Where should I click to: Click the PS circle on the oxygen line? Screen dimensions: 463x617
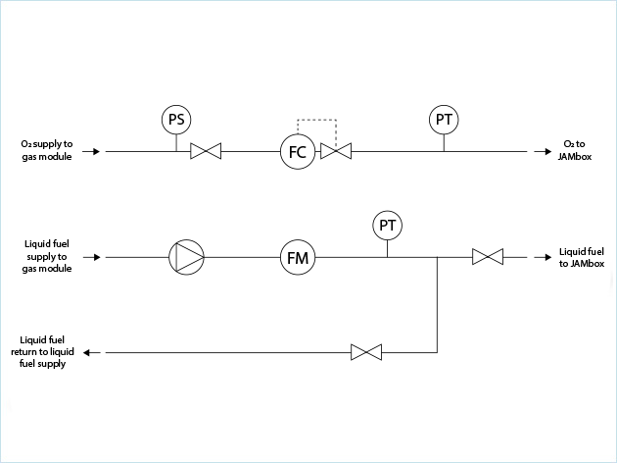(x=176, y=120)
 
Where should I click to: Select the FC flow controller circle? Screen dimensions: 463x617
(x=297, y=152)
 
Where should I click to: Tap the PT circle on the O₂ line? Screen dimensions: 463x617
(x=444, y=120)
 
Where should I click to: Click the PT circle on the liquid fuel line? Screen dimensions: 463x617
(x=388, y=227)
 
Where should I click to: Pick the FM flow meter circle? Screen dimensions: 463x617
(x=297, y=258)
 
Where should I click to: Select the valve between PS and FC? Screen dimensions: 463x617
(x=206, y=152)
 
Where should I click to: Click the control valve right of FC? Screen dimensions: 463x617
(x=337, y=152)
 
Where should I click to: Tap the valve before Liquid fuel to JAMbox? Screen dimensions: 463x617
(x=487, y=258)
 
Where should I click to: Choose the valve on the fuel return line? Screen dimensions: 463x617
(x=366, y=351)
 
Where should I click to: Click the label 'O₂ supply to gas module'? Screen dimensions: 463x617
(x=45, y=151)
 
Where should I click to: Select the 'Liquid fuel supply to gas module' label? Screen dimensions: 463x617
(x=45, y=256)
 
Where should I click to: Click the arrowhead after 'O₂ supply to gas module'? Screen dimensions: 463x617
(x=95, y=152)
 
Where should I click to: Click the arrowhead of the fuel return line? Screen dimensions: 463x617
(x=87, y=351)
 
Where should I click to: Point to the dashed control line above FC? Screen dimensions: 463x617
(x=316, y=121)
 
